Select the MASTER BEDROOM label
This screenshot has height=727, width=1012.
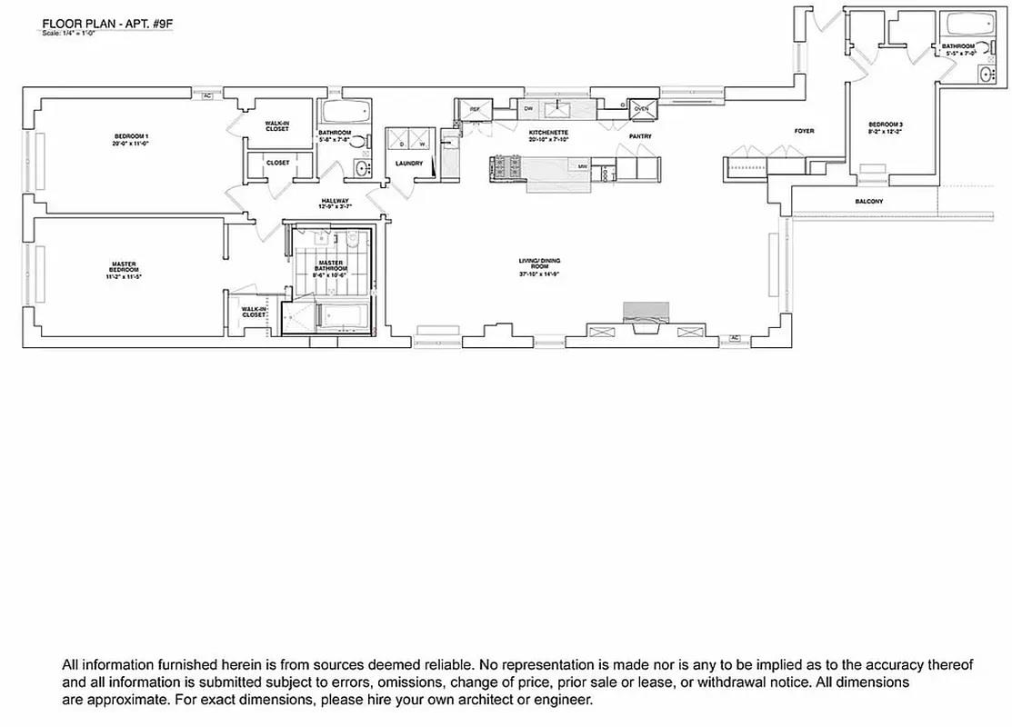tap(124, 267)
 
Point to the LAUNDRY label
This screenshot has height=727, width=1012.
tap(409, 164)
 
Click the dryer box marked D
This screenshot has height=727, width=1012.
tap(401, 143)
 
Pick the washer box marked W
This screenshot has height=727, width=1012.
tap(422, 143)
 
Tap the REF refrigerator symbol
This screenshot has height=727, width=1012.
tap(474, 109)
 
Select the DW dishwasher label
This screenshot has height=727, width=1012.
tap(527, 109)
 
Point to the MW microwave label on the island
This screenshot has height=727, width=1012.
tap(581, 166)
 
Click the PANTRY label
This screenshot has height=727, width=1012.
tap(640, 136)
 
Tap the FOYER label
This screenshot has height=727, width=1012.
tap(804, 131)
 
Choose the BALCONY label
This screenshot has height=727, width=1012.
tap(868, 201)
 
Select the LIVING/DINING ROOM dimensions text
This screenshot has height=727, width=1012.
tap(538, 274)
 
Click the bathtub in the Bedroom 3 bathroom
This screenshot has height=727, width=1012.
tap(965, 25)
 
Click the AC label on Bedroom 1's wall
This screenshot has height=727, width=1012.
tap(206, 95)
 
